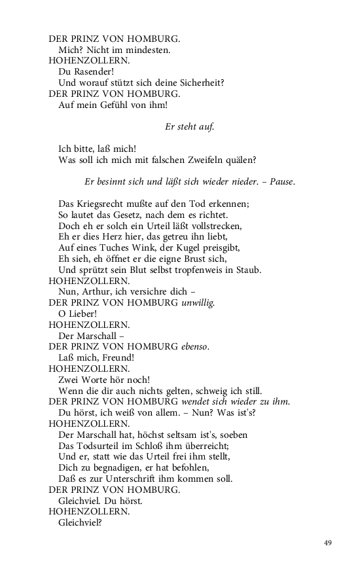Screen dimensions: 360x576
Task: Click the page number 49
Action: point(329,543)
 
